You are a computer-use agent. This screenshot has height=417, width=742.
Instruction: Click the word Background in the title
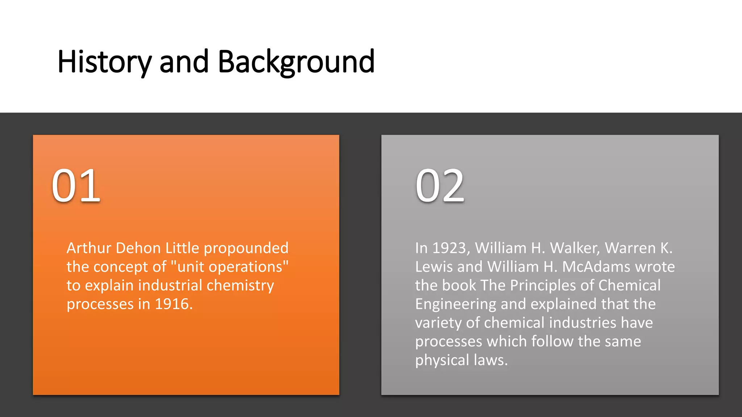(x=296, y=62)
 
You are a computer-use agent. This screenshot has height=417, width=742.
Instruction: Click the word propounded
(x=246, y=248)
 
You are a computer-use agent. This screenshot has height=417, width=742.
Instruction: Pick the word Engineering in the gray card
(x=455, y=304)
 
